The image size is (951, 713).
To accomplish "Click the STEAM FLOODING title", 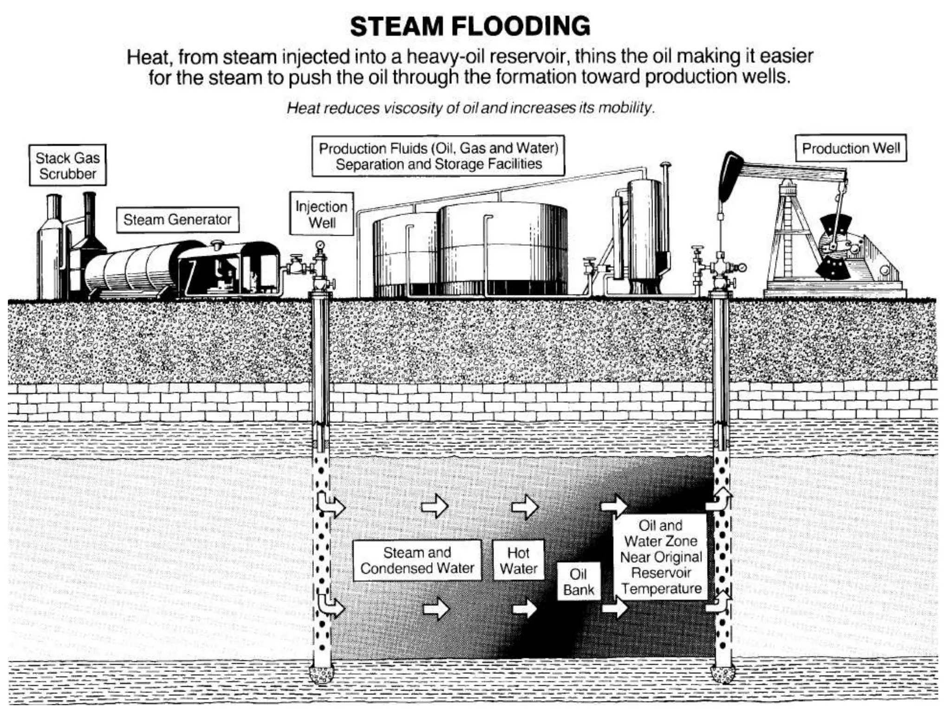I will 470,26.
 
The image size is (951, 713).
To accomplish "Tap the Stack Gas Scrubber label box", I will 68,165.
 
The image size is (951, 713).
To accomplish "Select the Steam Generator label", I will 177,220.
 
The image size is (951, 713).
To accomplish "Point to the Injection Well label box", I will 321,214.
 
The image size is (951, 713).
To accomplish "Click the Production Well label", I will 851,148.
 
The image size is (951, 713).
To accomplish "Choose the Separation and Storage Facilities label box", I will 438,156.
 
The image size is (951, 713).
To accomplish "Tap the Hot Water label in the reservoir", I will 518,560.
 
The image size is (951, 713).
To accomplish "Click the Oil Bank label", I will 579,582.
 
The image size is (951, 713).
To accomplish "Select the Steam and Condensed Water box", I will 417,560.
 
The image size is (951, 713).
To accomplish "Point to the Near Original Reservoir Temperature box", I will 661,557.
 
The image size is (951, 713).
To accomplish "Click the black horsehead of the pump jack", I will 729,176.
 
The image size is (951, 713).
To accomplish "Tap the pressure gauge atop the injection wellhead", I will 320,245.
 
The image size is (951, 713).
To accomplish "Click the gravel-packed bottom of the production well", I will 723,673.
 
